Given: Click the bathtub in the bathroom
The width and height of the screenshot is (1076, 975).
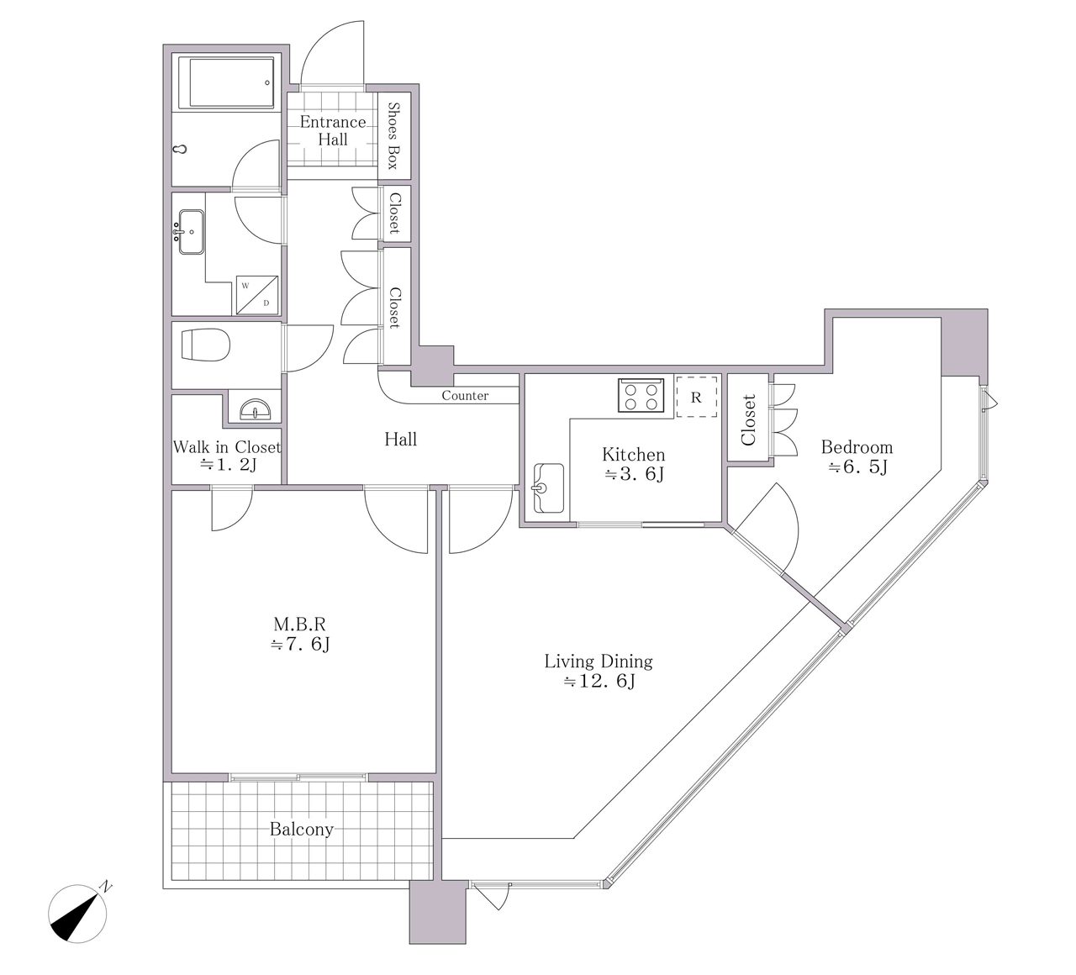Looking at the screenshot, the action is (x=232, y=82).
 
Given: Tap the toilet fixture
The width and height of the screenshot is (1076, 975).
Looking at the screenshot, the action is (x=206, y=345).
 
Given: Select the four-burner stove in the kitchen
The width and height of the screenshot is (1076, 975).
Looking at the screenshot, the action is (x=641, y=395).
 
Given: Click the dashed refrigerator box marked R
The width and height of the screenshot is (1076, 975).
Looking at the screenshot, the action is (x=696, y=397).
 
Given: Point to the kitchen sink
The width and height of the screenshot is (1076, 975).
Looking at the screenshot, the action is (x=548, y=488).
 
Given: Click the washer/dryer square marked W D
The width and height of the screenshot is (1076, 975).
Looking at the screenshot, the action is (x=257, y=295).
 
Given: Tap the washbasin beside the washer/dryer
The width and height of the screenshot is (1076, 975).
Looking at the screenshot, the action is (x=191, y=232).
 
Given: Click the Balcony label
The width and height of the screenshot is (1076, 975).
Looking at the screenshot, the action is (x=302, y=830).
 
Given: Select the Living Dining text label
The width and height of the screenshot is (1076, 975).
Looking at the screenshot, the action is (x=599, y=661).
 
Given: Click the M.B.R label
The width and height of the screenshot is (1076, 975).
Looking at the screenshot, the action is (x=300, y=624).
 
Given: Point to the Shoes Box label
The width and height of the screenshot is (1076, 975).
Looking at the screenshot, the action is (x=393, y=135).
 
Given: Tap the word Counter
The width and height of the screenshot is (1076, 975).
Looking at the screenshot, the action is (x=465, y=396).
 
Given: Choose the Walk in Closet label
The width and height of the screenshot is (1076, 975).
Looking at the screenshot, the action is (x=227, y=447).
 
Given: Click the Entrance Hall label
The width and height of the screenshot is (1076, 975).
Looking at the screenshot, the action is (x=333, y=131).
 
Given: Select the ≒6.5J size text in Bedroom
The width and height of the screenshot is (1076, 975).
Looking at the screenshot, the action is (x=857, y=467).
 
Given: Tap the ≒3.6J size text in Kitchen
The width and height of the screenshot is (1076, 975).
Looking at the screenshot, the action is (x=635, y=474).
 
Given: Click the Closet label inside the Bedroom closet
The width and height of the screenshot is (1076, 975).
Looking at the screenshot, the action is (x=748, y=420).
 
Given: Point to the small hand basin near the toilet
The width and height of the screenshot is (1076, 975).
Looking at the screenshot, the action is (x=256, y=408).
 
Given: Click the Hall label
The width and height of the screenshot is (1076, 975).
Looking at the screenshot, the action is (x=400, y=440).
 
